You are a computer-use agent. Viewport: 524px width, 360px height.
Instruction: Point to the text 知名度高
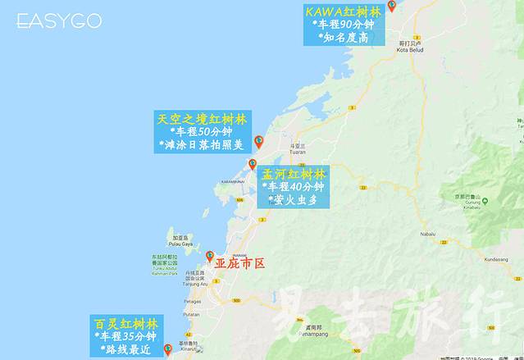coord(344,38)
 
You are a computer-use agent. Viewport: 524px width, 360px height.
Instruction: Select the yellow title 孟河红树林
coord(294,174)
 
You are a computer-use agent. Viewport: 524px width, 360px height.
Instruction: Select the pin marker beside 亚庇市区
coord(210,257)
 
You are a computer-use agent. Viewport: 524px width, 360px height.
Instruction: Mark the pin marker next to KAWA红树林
coord(392,6)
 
